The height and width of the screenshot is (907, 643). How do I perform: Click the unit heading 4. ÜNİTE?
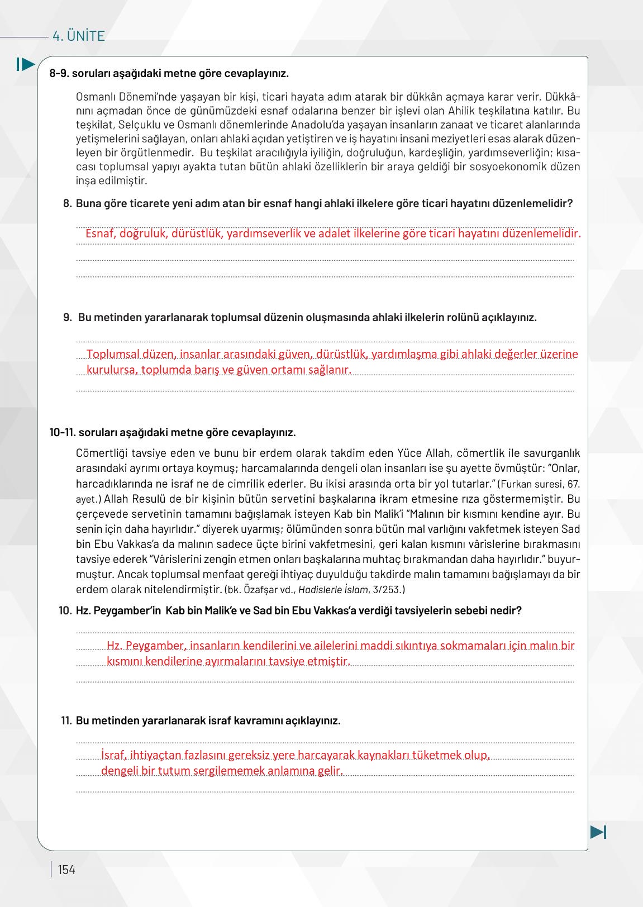point(78,36)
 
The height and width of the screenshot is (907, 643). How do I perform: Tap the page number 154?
point(66,870)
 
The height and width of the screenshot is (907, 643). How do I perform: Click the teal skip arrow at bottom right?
point(598,832)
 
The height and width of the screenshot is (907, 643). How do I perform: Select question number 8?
point(68,204)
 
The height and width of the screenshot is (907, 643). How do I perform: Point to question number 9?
point(68,318)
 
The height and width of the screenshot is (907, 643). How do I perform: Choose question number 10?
point(65,610)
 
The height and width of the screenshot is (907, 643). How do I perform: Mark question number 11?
point(66,720)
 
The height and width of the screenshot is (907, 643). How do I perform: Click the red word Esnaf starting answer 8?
point(100,233)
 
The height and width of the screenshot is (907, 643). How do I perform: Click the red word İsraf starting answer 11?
point(115,755)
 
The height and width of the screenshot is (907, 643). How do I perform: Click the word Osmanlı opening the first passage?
point(94,97)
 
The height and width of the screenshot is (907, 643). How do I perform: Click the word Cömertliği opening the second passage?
point(103,452)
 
